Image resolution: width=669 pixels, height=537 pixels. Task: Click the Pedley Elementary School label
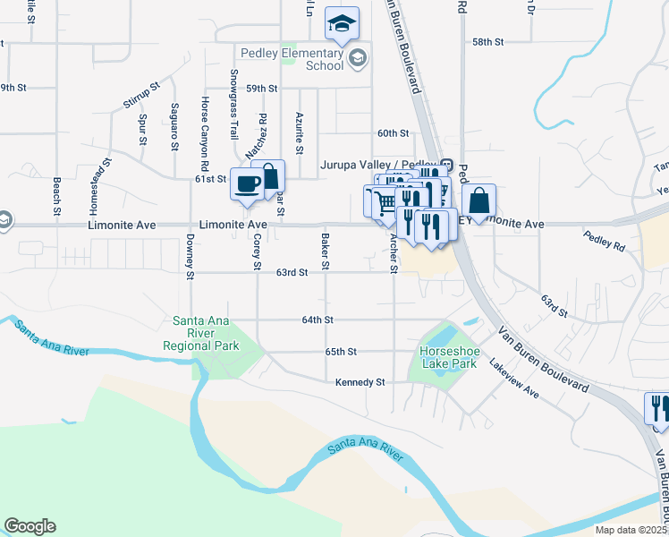[x=301, y=59]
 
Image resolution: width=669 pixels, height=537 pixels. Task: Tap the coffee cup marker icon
[x=247, y=184]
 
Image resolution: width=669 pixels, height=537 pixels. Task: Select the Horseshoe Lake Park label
[x=449, y=357]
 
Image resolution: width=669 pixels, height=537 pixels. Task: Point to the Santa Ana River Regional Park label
[x=201, y=333]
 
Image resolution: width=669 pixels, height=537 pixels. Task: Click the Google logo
[x=30, y=526]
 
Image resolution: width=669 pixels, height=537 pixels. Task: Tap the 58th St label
[x=488, y=42]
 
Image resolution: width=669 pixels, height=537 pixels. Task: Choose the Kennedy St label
[x=360, y=382]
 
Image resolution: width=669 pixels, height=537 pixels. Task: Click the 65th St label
[x=341, y=352]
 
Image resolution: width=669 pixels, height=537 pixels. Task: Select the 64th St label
[x=318, y=320]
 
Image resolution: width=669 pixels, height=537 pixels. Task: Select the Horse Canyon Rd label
[x=205, y=134]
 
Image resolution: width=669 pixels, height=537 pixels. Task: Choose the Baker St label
[x=326, y=251]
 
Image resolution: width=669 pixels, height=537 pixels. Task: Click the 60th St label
[x=393, y=133]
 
